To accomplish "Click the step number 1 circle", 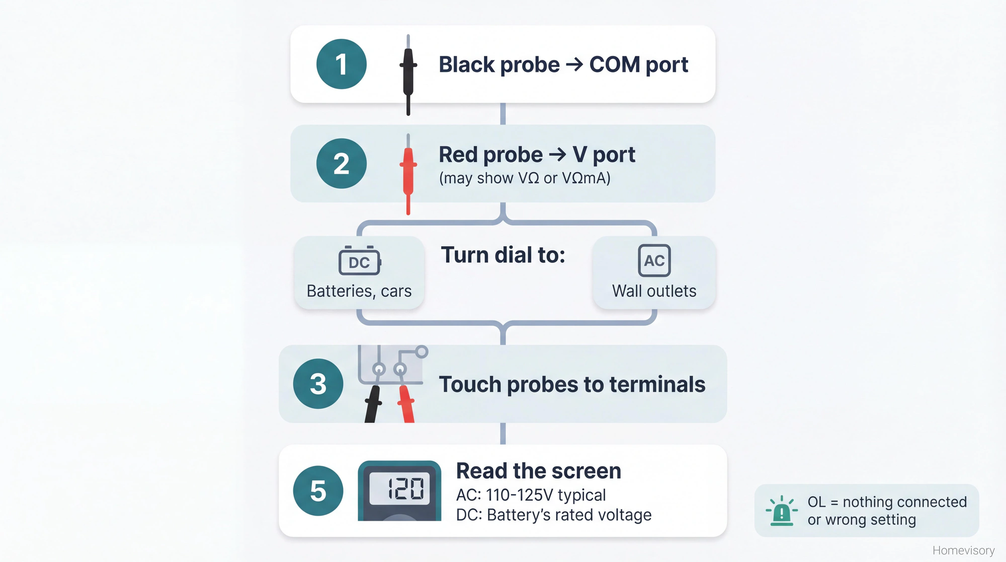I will (341, 64).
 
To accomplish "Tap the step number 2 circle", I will (341, 164).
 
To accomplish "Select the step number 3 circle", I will (318, 384).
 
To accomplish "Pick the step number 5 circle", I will (318, 490).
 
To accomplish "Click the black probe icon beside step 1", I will (408, 74).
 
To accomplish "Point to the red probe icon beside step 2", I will (408, 174).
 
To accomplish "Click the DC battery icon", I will (359, 261).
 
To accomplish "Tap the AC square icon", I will (654, 260).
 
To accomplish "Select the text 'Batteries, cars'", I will (359, 291).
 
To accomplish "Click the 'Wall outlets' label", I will (654, 291).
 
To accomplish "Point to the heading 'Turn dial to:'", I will (503, 255).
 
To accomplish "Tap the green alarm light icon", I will (781, 511).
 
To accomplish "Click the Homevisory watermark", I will (963, 550).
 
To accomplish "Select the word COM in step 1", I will (614, 64).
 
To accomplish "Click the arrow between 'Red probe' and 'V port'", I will (557, 154).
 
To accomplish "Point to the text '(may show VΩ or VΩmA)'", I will (525, 178).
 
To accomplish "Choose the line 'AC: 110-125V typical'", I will (531, 495).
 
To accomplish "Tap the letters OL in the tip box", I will (816, 502).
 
